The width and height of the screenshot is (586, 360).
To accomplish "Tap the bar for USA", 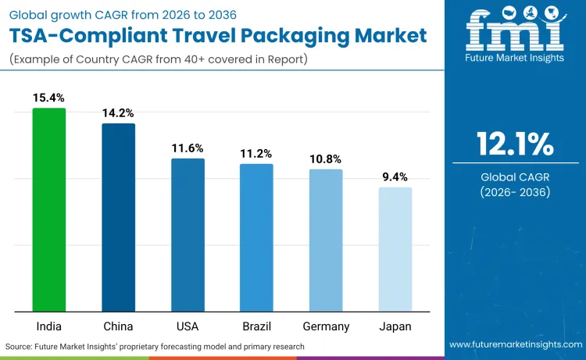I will point(188,234).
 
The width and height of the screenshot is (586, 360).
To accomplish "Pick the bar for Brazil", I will point(256,237).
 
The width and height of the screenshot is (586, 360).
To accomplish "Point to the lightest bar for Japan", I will point(395,249).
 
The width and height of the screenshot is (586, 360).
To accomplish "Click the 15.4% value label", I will point(48,98).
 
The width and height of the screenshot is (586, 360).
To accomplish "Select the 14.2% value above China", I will point(118,112).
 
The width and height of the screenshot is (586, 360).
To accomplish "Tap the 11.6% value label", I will point(188,148).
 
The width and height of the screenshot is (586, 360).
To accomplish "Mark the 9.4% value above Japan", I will point(395,176).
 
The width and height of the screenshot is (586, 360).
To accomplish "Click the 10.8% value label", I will point(326,159).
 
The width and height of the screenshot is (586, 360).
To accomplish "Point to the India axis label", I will point(48,326).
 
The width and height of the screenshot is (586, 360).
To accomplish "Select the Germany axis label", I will point(326,326).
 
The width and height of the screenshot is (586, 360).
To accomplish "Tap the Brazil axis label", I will point(256,326).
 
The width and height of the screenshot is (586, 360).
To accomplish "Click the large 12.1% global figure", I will point(515,144).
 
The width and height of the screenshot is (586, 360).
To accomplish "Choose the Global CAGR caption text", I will point(515,178).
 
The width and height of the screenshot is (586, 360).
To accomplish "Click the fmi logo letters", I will point(515,31).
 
